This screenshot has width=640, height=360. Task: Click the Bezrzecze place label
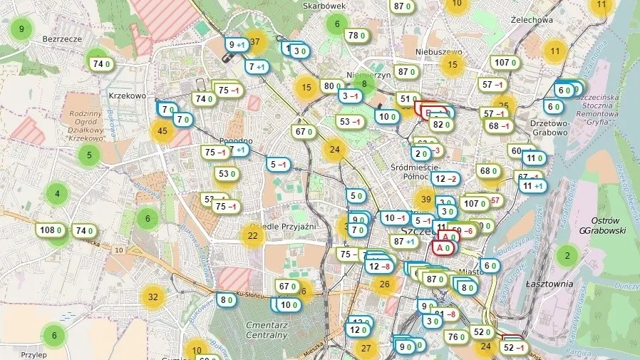[63, 39]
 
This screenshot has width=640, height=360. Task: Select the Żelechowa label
[532, 20]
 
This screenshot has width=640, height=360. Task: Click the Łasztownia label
[549, 284]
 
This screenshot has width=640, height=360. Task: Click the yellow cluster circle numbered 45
[162, 130]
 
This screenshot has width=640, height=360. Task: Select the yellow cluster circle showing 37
[256, 42]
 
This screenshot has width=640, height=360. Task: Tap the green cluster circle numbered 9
[21, 29]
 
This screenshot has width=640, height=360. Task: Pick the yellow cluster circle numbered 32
[153, 297]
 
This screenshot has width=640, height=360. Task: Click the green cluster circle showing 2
[567, 255]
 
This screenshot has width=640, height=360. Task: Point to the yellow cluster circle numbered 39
[426, 199]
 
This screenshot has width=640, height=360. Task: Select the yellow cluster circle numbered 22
[252, 235]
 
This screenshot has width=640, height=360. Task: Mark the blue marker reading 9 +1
[236, 45]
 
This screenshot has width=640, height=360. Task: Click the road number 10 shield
[118, 250]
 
